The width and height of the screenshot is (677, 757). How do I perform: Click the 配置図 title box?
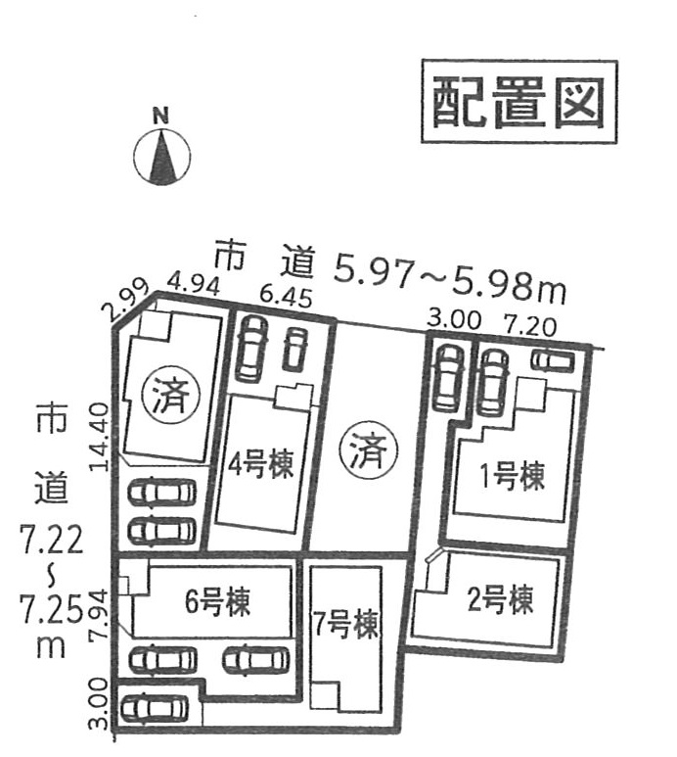click(x=519, y=102)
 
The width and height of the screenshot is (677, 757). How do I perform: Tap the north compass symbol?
click(x=161, y=158)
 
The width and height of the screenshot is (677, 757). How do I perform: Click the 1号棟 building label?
click(x=513, y=476)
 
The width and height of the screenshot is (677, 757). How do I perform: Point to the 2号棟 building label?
click(x=501, y=599)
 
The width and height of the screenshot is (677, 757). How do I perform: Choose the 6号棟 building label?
click(x=218, y=601)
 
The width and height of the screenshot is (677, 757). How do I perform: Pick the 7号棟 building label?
click(x=345, y=625)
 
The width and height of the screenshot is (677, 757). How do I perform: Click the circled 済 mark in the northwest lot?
click(x=170, y=395)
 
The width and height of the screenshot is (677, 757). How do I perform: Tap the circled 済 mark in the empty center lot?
click(x=369, y=450)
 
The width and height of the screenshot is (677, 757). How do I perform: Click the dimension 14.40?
click(x=100, y=437)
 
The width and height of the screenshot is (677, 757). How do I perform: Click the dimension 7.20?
click(x=530, y=326)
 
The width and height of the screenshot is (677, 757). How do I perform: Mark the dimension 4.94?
click(x=194, y=285)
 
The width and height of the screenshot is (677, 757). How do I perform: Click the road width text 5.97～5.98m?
click(x=450, y=282)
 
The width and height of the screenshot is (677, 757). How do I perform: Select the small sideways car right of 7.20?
click(x=553, y=360)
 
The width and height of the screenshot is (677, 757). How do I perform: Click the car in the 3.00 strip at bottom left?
click(x=155, y=708)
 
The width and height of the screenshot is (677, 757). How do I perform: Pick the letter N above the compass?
click(x=161, y=117)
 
